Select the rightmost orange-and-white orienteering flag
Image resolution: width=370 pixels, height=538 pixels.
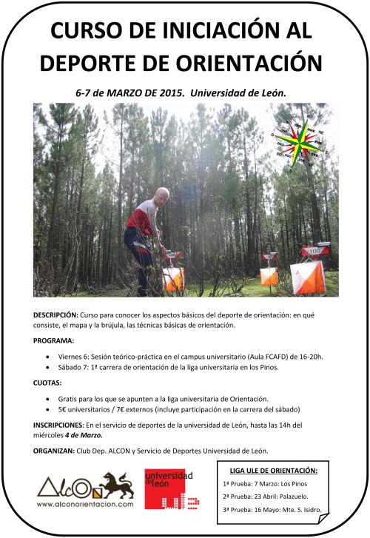(x=307, y=277)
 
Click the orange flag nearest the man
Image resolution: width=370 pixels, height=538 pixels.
(x=173, y=279)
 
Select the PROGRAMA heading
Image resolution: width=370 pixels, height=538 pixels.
(x=54, y=341)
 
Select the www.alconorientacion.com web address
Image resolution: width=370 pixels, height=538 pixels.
(x=85, y=504)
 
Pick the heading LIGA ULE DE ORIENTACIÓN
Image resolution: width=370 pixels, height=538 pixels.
(x=273, y=470)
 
